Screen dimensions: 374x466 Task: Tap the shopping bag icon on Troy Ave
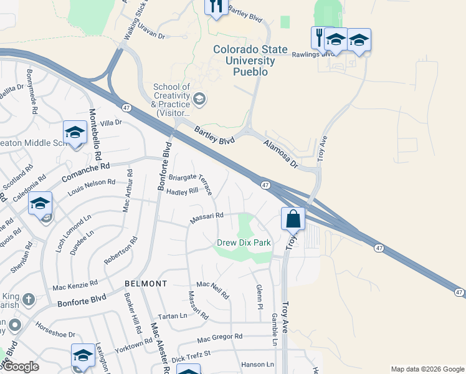pyautogui.click(x=293, y=219)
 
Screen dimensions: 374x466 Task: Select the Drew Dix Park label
pyautogui.click(x=244, y=242)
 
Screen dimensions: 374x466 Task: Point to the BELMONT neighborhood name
pyautogui.click(x=145, y=284)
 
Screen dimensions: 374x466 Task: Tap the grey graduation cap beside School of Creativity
pyautogui.click(x=199, y=98)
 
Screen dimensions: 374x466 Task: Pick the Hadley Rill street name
pyautogui.click(x=182, y=192)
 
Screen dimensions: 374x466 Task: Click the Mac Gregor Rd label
pyautogui.click(x=219, y=338)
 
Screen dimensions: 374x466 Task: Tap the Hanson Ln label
pyautogui.click(x=257, y=364)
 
